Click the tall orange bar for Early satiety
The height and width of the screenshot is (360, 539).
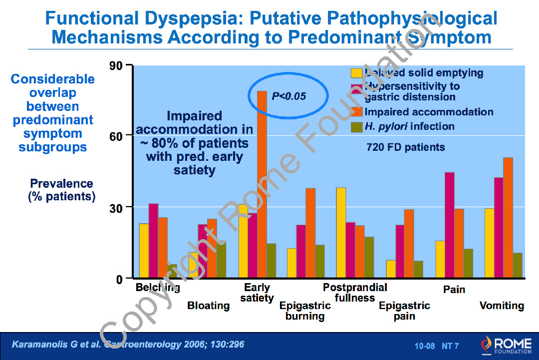click(x=262, y=185)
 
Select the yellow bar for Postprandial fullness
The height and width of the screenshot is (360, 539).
click(x=341, y=233)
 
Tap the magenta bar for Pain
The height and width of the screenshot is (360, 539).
click(x=450, y=225)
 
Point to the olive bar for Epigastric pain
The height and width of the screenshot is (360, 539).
click(x=418, y=270)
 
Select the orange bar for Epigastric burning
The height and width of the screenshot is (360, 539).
click(x=310, y=233)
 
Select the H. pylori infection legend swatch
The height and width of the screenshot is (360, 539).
click(x=357, y=126)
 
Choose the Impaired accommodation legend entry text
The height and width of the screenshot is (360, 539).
click(x=429, y=112)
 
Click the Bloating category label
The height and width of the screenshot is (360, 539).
click(x=208, y=306)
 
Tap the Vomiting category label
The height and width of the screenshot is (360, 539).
click(x=502, y=306)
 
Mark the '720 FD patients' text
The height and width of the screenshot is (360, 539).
click(x=405, y=147)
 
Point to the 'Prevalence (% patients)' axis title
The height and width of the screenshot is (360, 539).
click(x=62, y=190)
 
